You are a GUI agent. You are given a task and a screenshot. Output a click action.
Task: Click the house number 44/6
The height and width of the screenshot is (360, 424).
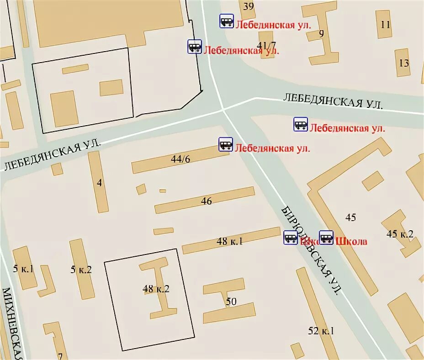coord(180,159)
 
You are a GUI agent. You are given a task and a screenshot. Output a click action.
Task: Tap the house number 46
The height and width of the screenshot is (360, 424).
coord(207,201)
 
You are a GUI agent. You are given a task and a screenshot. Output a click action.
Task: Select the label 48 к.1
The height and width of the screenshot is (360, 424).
coord(229,241)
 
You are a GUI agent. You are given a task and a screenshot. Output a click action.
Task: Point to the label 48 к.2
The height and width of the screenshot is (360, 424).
coord(156,288)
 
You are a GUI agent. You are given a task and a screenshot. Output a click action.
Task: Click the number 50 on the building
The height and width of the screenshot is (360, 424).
coord(231,301)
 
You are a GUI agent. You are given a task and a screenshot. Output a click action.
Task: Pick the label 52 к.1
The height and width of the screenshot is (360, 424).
coord(321,331)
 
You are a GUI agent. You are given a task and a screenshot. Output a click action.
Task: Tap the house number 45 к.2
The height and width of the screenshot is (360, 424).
coord(400,234)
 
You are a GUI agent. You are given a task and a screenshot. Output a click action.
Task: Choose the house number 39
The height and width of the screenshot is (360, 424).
coord(249,6)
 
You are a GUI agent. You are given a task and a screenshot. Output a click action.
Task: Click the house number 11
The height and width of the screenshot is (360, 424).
coord(386,25)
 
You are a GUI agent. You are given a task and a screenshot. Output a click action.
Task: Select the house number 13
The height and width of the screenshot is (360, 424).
coord(404,63)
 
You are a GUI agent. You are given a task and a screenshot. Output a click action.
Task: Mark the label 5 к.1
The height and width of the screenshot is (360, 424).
coord(23,269)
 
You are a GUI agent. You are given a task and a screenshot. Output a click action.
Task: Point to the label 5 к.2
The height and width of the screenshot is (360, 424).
coord(81,270)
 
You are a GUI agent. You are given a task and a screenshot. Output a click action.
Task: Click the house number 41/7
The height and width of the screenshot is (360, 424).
coord(267,45)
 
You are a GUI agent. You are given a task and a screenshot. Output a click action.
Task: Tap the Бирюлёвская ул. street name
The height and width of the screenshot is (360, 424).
coord(312,250)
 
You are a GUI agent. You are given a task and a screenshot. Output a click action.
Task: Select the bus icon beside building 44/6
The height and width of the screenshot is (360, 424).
coord(226,144)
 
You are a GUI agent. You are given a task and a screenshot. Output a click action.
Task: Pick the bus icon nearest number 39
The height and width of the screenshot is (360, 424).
coord(227,21)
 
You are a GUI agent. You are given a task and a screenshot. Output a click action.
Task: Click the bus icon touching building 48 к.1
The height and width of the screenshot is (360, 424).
coord(291,238)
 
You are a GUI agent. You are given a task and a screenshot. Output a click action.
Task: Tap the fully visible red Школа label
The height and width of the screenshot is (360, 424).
coord(351,241)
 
